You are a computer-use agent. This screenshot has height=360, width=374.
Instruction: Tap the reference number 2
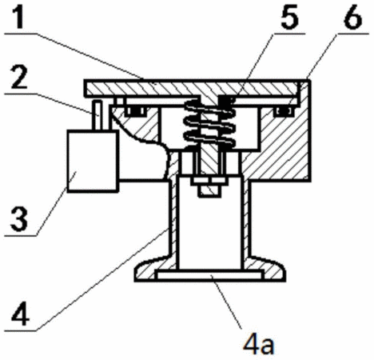[19, 78]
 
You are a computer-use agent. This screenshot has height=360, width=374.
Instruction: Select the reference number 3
[19, 219]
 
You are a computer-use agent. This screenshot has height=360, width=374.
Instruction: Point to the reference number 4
[20, 314]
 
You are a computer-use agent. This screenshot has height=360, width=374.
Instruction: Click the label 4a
[258, 345]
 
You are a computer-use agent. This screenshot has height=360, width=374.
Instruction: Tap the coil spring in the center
[209, 123]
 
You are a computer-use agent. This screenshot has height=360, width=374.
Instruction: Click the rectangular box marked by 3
[93, 161]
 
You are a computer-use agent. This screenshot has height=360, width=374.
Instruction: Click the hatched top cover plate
[192, 88]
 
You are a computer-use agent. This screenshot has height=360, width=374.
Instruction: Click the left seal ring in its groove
[135, 110]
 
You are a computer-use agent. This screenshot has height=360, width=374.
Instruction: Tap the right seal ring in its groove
[284, 110]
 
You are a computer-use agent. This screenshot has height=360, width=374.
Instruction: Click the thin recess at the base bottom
[209, 274]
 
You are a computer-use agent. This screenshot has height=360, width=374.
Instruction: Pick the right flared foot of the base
[266, 270]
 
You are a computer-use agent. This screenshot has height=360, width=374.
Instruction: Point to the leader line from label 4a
[226, 302]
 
